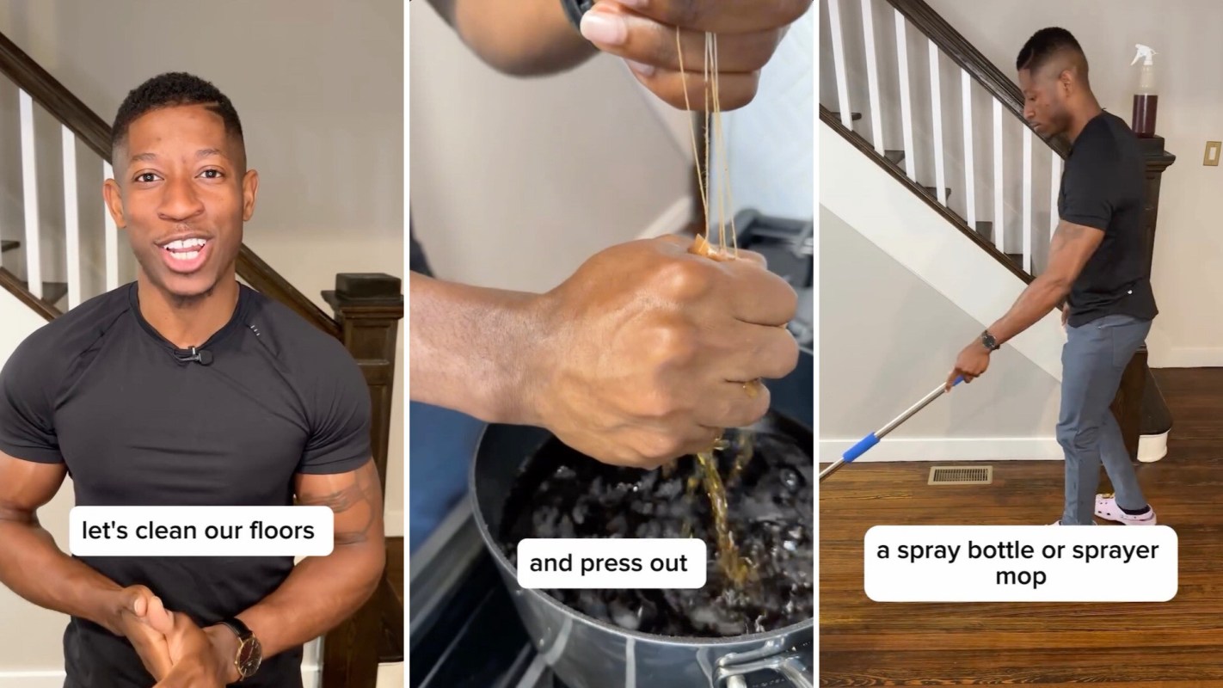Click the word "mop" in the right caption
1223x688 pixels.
[1020, 576]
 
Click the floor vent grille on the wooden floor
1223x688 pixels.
[961, 475]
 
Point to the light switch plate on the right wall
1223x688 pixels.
[1213, 153]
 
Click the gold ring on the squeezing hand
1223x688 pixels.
[750, 389]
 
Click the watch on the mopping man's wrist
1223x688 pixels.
[989, 341]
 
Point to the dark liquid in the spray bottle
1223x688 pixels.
[1145, 114]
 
